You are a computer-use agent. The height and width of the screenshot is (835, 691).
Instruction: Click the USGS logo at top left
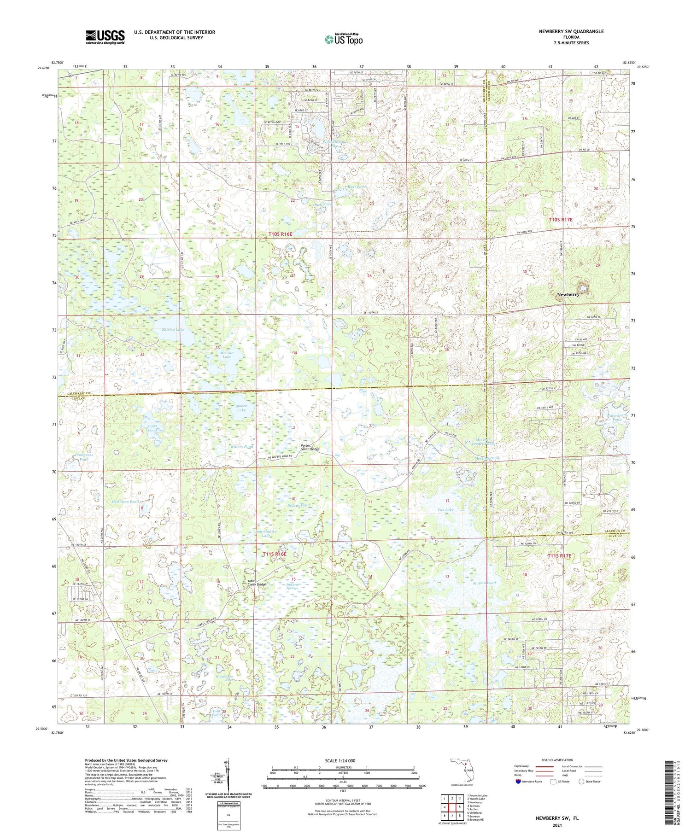[x=105, y=37]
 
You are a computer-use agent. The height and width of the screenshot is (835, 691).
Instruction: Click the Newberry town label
[x=568, y=294]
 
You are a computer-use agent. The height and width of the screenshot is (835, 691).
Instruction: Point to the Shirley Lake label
[x=173, y=330]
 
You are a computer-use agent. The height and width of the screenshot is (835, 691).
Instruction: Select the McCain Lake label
[x=227, y=355]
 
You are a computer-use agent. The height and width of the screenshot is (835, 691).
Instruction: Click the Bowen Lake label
[x=241, y=408]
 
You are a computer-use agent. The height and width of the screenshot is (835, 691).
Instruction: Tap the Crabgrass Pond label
[x=84, y=457]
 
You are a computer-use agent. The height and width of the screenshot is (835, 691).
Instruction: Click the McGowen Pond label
[x=125, y=502]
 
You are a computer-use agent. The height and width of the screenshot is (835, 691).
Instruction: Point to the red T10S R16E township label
[x=281, y=234]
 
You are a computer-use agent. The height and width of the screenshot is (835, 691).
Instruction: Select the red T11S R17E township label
[x=559, y=556]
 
